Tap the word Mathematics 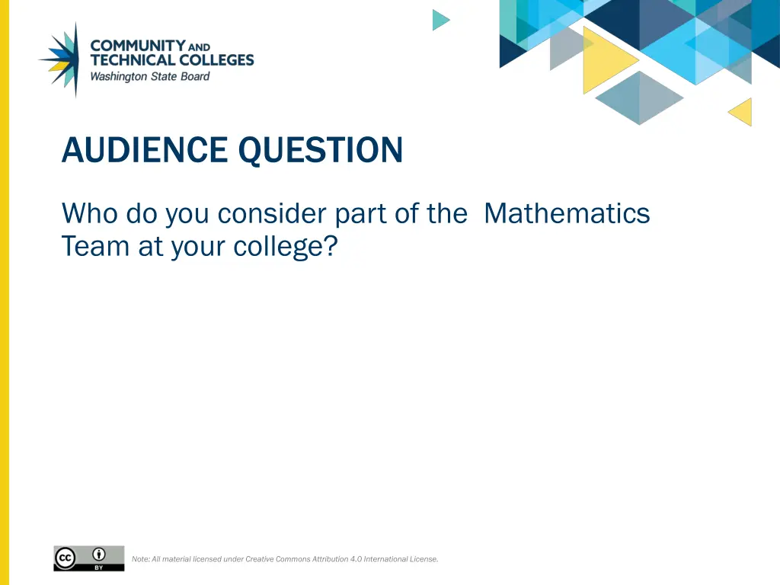click(x=567, y=213)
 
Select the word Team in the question click(x=85, y=247)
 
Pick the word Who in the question click(x=90, y=213)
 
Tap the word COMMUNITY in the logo click(x=137, y=46)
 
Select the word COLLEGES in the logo click(x=216, y=60)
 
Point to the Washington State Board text click(x=149, y=76)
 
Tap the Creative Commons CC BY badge click(x=88, y=558)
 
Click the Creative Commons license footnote click(x=285, y=559)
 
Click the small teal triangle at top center click(x=440, y=20)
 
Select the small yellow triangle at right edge click(x=742, y=112)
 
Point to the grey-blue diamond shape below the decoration click(x=638, y=97)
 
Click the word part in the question click(x=361, y=213)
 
